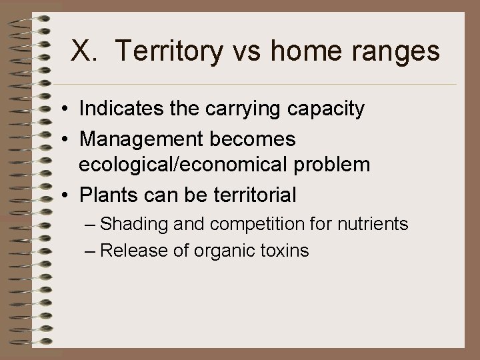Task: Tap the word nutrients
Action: coord(371,225)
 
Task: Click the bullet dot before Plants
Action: coord(68,195)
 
